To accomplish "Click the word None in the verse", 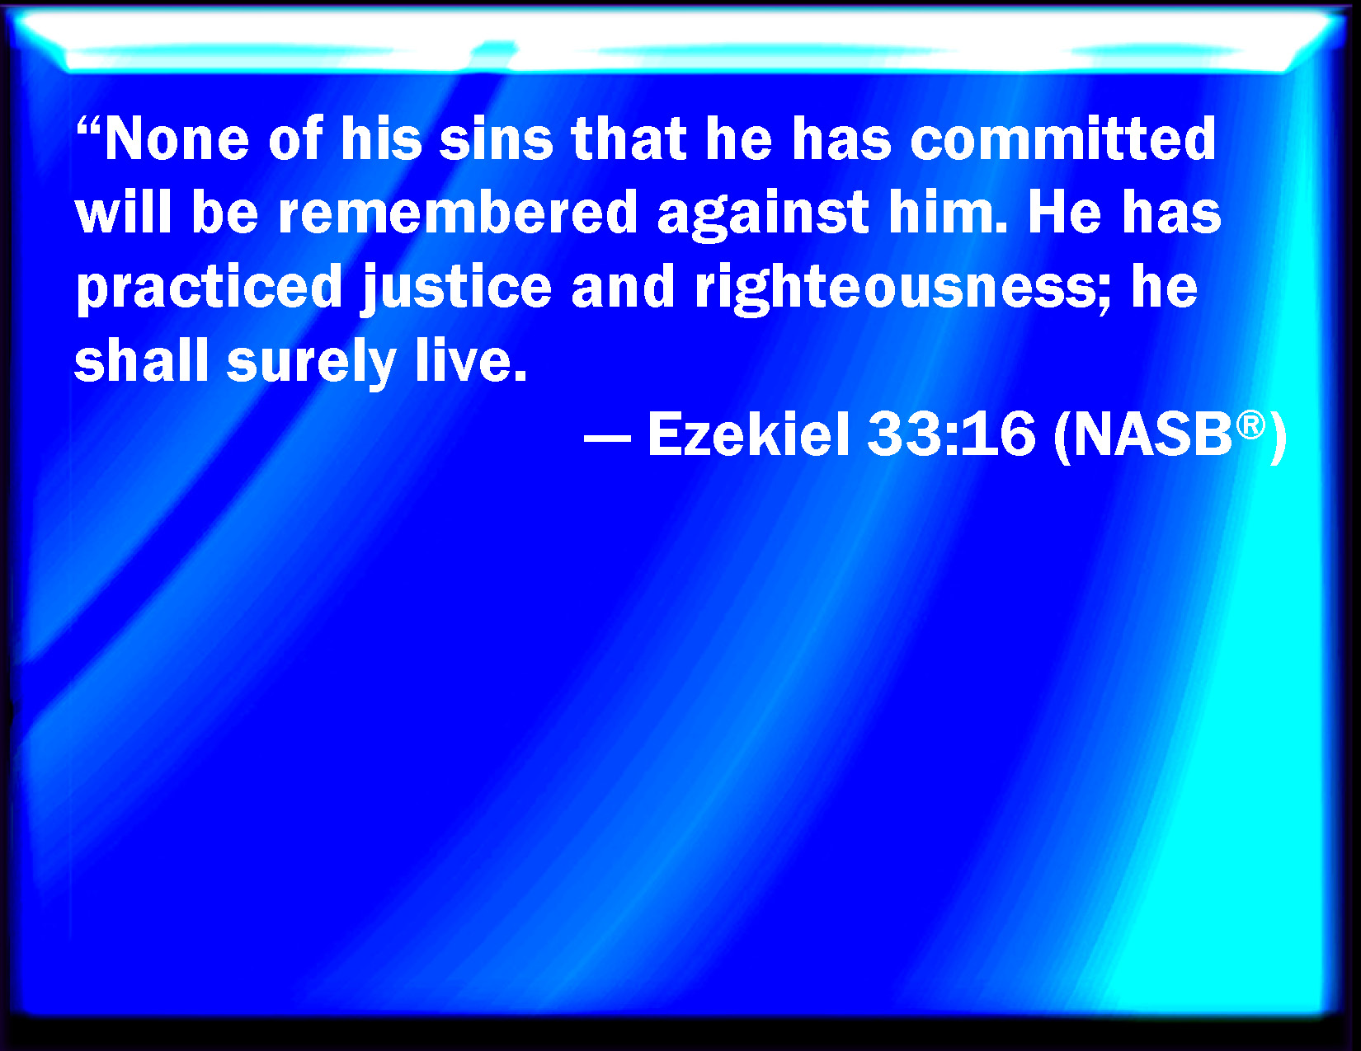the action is point(177,139).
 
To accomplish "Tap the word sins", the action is point(496,139).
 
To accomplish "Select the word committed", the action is point(1063,139).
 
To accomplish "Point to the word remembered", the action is point(458,213).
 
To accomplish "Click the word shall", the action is point(142,361).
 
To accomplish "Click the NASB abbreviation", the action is point(1153,435).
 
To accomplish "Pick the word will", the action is point(123,213).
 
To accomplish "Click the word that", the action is point(629,139).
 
